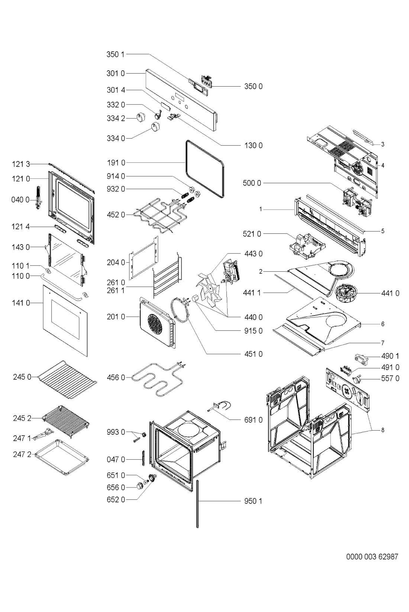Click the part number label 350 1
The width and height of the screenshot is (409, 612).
tap(115, 54)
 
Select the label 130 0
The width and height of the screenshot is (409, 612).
tap(253, 145)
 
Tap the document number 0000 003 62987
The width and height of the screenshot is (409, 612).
tap(372, 557)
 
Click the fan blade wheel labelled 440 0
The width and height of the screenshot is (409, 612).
tap(208, 287)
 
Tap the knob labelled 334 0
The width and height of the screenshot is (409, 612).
tap(155, 127)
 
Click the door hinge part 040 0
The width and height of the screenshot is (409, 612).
tap(39, 198)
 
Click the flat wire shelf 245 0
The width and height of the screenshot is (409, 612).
tap(67, 379)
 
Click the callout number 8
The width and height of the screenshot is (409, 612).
tap(383, 430)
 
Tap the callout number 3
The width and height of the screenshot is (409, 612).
tap(383, 144)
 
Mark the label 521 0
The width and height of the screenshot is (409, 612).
tap(252, 234)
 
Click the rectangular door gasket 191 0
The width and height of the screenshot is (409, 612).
tap(204, 169)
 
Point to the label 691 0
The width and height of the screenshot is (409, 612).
tap(253, 420)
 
